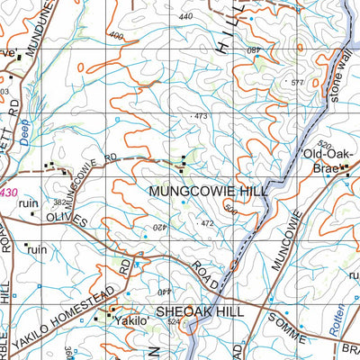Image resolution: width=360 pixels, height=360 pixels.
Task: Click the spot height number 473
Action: (200, 116)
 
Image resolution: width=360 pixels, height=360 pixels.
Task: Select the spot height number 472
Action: (206, 222)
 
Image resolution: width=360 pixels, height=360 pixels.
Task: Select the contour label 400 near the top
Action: (115, 36)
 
